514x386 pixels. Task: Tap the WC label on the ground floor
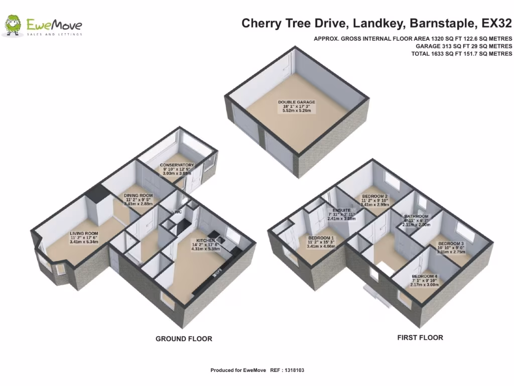pos(178,212)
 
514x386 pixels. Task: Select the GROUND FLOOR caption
pos(184,339)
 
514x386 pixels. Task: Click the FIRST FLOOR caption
pos(420,338)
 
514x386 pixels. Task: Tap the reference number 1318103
pos(294,370)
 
